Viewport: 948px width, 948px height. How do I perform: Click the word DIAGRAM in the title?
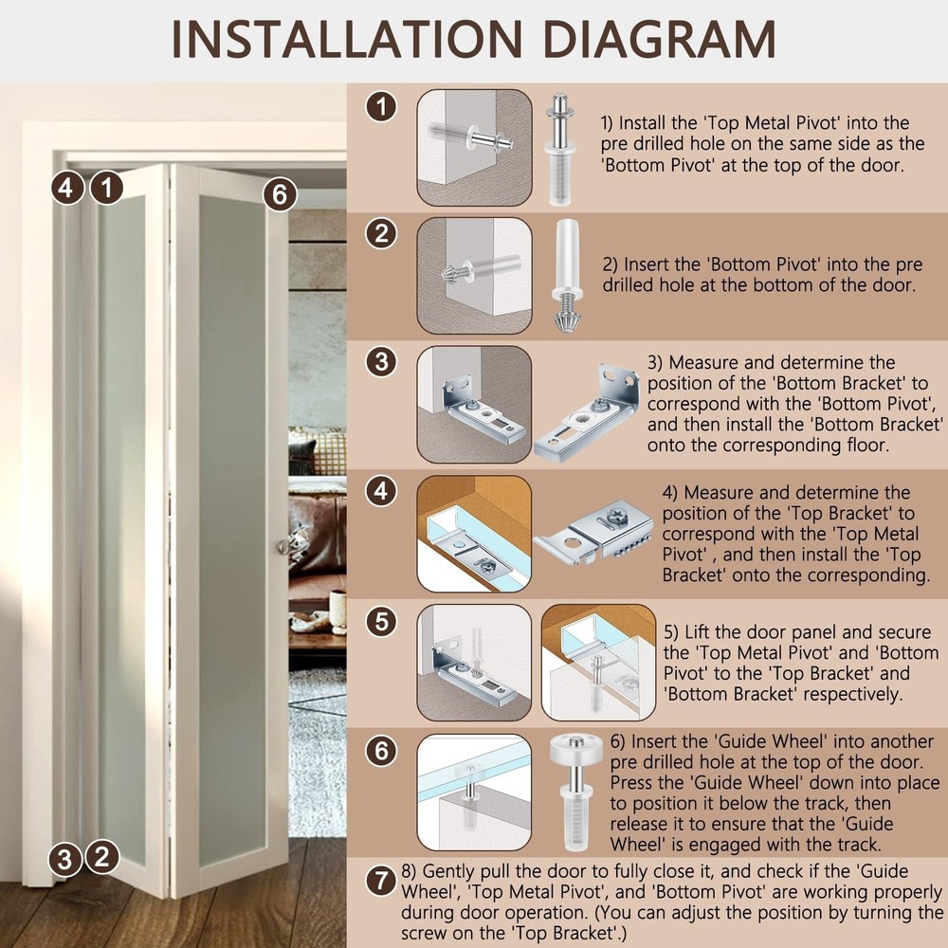pyautogui.click(x=659, y=39)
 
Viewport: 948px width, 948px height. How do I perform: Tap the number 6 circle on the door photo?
pyautogui.click(x=280, y=194)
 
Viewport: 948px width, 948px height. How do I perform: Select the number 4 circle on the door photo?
pyautogui.click(x=66, y=188)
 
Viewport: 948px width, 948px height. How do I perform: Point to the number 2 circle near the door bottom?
pyautogui.click(x=102, y=857)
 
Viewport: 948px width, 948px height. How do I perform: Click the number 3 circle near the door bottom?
pyautogui.click(x=65, y=860)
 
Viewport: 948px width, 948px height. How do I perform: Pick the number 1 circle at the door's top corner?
pyautogui.click(x=107, y=188)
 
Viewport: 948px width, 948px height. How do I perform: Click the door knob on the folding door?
pyautogui.click(x=283, y=547)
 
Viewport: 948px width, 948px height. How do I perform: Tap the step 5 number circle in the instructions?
pyautogui.click(x=381, y=622)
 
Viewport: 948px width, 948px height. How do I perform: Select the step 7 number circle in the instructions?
pyautogui.click(x=381, y=881)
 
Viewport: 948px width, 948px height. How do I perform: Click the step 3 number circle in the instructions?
pyautogui.click(x=381, y=361)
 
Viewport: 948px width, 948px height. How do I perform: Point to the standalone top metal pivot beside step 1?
pyautogui.click(x=560, y=150)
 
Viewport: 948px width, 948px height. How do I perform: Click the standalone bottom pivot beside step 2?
pyautogui.click(x=567, y=276)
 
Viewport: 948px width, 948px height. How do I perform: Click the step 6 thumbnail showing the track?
pyautogui.click(x=474, y=792)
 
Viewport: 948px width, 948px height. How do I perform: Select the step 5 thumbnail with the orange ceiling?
pyautogui.click(x=598, y=663)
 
